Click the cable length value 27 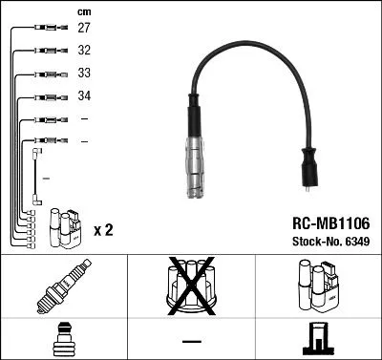coord(84,30)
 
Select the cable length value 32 coord(84,52)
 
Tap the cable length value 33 coord(84,74)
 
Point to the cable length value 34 coord(84,96)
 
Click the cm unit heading coord(83,11)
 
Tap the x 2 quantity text coord(104,231)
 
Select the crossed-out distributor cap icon coord(190,286)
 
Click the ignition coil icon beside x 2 coord(65,226)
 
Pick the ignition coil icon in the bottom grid coord(317,287)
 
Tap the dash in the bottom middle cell coord(191,340)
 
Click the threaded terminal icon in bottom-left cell coord(63,340)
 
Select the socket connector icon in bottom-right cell coord(317,340)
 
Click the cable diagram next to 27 coord(46,30)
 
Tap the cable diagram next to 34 coord(46,96)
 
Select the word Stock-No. coord(311,242)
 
